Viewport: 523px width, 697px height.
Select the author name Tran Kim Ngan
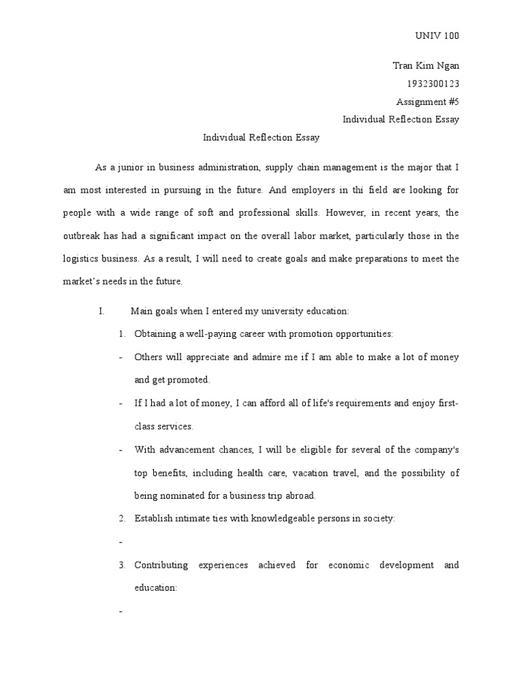pyautogui.click(x=426, y=66)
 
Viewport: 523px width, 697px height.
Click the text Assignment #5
pyautogui.click(x=428, y=101)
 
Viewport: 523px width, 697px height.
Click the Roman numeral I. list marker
pyautogui.click(x=101, y=311)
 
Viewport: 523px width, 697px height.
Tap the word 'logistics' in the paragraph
pyautogui.click(x=82, y=259)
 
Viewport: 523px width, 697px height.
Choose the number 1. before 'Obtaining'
pyautogui.click(x=122, y=334)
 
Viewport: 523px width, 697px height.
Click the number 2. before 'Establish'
pyautogui.click(x=122, y=519)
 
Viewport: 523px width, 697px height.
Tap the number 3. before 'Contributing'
pyautogui.click(x=122, y=565)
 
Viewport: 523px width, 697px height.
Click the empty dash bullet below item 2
pyautogui.click(x=120, y=542)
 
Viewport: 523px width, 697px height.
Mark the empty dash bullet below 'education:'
pyautogui.click(x=120, y=611)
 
